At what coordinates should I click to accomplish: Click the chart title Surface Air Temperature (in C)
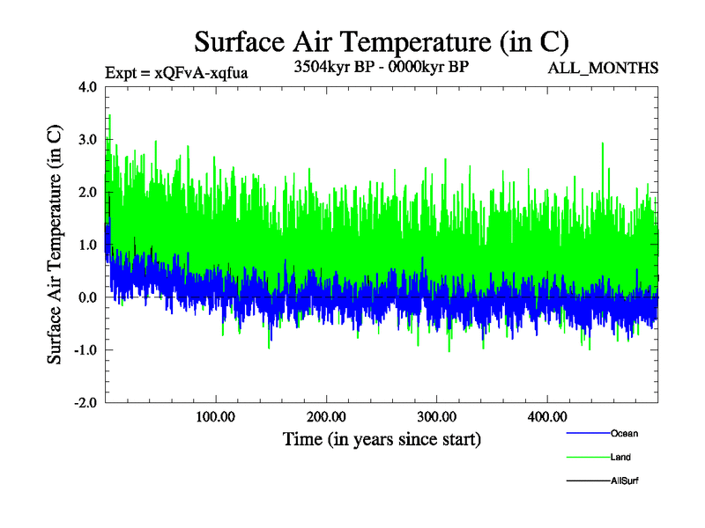382,42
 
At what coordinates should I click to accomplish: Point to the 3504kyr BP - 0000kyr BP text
381,67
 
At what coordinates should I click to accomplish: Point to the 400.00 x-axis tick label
546,416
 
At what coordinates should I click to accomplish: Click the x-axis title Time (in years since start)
382,438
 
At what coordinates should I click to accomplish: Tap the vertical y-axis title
55,245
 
